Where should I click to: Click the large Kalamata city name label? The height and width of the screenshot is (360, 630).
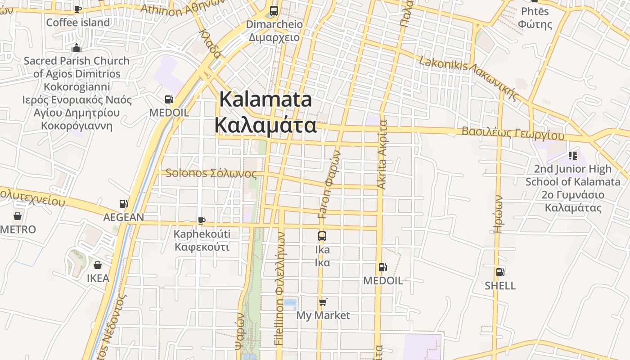tap(265, 112)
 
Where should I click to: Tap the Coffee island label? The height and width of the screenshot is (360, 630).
tap(78, 22)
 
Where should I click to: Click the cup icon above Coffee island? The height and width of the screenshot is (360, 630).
tap(78, 9)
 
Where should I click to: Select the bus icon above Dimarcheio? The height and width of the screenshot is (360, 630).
tap(274, 10)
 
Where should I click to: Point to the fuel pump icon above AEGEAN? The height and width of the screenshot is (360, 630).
tap(123, 204)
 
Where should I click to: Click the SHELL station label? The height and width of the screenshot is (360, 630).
tap(500, 286)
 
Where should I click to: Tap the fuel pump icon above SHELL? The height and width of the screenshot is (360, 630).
tap(500, 272)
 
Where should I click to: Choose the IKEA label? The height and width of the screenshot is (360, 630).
tap(98, 278)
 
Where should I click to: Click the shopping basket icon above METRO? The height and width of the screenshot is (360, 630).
tap(17, 216)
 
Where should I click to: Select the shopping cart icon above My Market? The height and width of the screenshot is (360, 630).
tap(323, 302)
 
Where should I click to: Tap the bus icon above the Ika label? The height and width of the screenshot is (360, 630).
tap(322, 236)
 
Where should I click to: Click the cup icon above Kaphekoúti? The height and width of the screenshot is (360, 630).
tap(202, 220)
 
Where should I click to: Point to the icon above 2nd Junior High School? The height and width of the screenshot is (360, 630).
tap(573, 156)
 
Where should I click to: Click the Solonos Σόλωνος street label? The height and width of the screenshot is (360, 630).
tap(211, 173)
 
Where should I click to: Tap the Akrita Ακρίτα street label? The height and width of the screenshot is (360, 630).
tap(382, 154)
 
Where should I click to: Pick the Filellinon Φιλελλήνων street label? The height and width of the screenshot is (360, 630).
tap(279, 288)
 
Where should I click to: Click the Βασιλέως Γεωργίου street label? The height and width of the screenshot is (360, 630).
tap(513, 133)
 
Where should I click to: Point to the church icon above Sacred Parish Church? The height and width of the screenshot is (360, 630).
tap(76, 48)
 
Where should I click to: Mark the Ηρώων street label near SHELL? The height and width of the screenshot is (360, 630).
tap(498, 214)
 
